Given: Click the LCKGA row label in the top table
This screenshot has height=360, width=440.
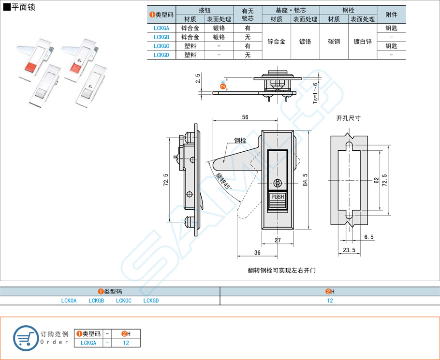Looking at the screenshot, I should [x=161, y=28].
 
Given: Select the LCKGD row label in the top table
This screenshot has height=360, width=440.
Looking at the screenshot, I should [x=161, y=55].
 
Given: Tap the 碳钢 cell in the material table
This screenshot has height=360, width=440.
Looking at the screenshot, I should [x=334, y=42].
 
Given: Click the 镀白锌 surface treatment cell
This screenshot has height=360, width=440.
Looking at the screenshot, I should [x=363, y=42].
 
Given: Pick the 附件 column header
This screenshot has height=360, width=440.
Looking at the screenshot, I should [x=392, y=15].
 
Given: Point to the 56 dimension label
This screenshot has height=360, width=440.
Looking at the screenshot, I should [x=245, y=117].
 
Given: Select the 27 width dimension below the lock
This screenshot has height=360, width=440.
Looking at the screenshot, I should [x=278, y=240].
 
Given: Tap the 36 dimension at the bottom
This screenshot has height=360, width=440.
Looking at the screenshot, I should [x=257, y=253].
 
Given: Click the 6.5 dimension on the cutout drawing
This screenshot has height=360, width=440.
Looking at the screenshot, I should [x=369, y=237].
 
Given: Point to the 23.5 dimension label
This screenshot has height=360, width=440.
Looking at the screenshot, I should [x=349, y=250].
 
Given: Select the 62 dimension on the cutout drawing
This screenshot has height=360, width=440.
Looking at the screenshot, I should [x=376, y=180].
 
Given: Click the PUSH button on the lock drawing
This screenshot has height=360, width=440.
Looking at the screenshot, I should [x=278, y=197].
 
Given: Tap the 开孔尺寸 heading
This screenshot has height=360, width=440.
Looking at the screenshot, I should [x=348, y=118].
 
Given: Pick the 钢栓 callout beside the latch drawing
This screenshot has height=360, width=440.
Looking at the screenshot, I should [x=240, y=141].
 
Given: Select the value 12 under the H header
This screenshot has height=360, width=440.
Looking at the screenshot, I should [x=330, y=301].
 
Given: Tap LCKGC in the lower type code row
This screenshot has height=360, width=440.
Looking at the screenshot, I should [x=124, y=301].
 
